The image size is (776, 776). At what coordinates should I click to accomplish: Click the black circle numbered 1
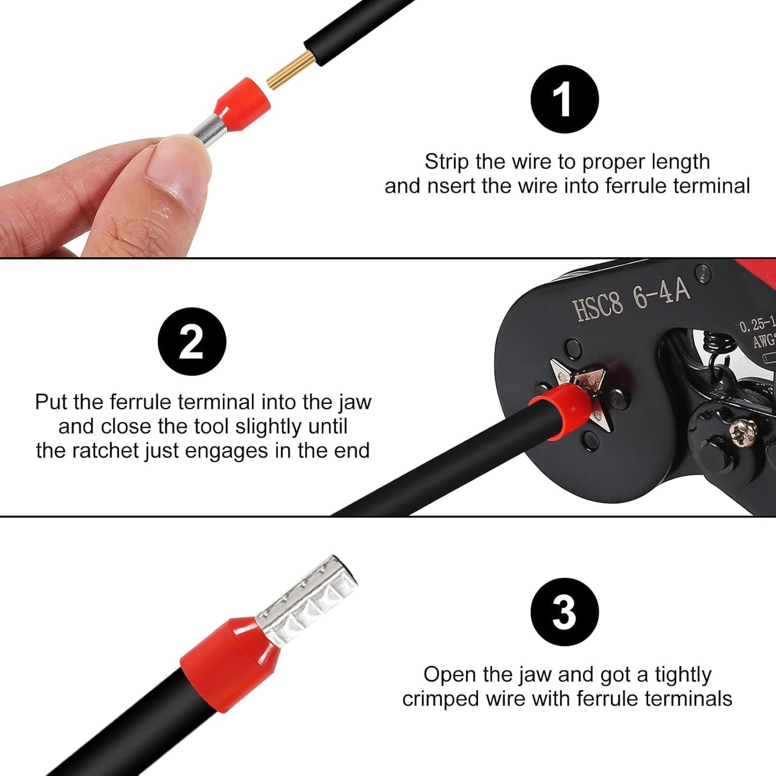coord(564,99)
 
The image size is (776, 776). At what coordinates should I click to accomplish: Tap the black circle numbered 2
coord(192,342)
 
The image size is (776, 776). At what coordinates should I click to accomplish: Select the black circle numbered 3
coord(564,612)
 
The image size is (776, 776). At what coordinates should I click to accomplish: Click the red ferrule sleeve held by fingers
coord(242,99)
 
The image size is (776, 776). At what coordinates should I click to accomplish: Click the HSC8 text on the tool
coord(598,308)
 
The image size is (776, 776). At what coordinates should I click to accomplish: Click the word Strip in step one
coord(447,162)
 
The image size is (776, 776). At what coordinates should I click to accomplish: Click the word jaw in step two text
coord(355,402)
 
